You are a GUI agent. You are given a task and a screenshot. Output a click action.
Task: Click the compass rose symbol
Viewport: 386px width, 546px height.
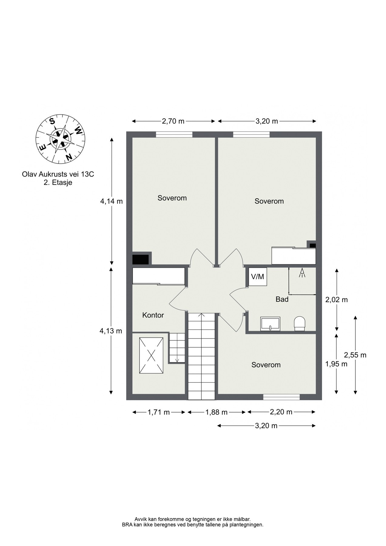pos(61,139)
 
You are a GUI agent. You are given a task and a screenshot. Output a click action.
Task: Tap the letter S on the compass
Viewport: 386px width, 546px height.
pos(52,121)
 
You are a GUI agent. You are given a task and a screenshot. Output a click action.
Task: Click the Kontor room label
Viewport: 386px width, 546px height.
pos(153,315)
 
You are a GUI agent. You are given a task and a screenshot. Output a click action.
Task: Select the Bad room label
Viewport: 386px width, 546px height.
pos(282,299)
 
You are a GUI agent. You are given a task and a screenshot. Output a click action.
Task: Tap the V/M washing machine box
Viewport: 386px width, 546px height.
pos(258,277)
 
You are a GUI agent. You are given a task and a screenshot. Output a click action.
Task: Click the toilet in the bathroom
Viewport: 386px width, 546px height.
pos(300,323)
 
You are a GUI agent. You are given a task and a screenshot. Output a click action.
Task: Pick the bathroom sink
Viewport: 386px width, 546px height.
pos(270,324)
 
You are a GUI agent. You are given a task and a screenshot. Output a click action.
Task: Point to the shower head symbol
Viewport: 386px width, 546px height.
pos(302,273)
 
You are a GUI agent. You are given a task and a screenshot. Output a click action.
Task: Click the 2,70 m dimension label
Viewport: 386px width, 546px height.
pos(173,121)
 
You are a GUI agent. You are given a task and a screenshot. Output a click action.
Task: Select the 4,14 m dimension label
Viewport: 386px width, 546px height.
pos(111,201)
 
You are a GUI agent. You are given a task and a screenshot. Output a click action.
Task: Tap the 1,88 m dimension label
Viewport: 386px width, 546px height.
pos(216,412)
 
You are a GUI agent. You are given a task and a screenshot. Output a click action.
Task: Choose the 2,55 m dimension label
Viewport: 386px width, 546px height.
pos(355,355)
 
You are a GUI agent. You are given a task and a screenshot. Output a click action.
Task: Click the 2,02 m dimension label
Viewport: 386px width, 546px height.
pos(337,300)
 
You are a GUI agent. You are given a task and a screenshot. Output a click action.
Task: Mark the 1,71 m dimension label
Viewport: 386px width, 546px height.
pos(159,412)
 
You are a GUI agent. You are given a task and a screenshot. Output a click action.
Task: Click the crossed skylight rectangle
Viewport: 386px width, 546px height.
pos(151,356)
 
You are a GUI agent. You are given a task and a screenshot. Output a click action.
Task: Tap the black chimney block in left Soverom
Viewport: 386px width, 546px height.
pos(141,260)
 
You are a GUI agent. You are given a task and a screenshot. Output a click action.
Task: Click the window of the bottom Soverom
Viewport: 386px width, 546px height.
pos(281,397)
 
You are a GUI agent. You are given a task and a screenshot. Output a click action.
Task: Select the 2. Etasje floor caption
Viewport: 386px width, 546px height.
pos(58,183)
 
